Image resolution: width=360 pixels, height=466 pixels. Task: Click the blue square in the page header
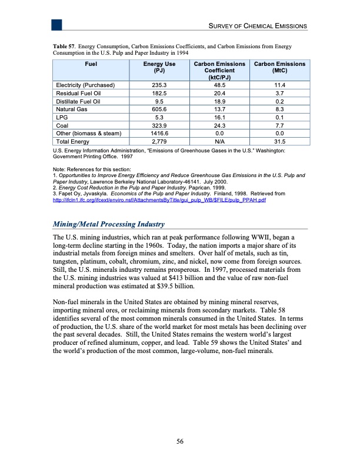[x=57, y=24]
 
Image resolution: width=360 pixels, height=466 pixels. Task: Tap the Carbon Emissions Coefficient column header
[x=215, y=70]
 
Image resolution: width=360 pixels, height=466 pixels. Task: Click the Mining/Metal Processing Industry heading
[x=109, y=225]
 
